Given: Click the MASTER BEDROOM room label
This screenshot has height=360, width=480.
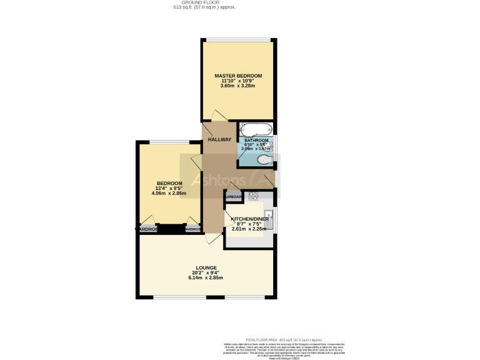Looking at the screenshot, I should point(237,76).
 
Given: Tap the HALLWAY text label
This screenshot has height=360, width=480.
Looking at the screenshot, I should point(219,139).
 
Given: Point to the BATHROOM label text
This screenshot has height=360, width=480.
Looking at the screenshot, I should point(256,141).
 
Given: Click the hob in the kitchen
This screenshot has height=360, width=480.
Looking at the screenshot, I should point(254,196).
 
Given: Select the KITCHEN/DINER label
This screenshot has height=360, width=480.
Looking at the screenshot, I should point(250,219).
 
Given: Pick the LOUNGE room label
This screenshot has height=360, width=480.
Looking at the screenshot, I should point(206,267).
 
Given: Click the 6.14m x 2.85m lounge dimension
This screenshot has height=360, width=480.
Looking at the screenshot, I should point(206,277).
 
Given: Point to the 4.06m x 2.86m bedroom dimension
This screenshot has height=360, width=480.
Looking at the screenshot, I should point(169,193).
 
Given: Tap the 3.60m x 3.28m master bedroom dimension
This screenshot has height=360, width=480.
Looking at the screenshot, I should point(237,86).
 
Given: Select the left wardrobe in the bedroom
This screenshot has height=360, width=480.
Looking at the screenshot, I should point(147,229).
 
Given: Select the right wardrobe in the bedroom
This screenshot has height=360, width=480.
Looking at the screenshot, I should point(193,229).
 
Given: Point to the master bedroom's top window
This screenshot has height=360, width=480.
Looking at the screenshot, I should point(237,41).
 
